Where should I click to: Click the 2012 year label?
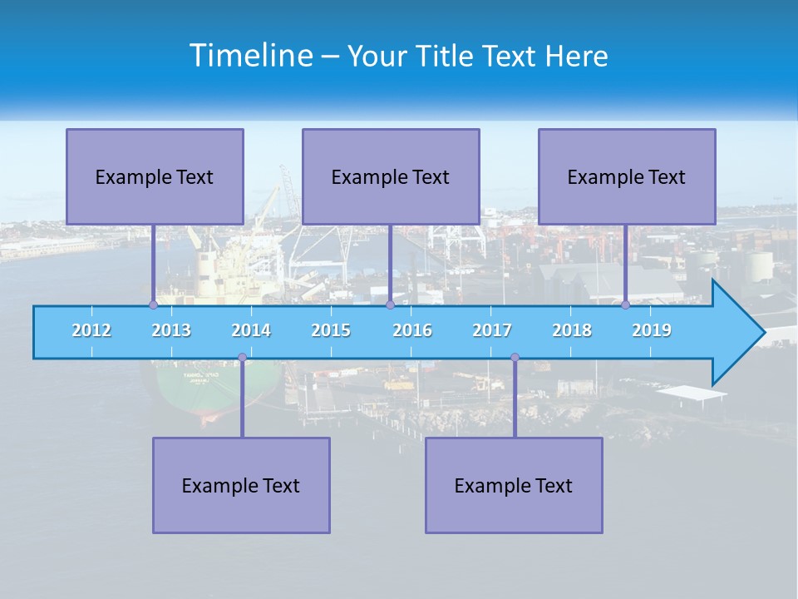tap(91, 330)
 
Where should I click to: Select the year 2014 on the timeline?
tap(251, 330)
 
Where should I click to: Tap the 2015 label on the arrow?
tap(331, 330)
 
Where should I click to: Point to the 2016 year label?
tap(412, 330)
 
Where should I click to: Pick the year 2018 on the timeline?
tap(572, 330)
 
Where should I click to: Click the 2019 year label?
tap(652, 330)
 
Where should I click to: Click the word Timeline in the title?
tap(249, 56)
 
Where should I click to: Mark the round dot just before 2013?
tap(153, 304)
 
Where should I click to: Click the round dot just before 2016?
tap(390, 304)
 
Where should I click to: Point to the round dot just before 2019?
tap(625, 304)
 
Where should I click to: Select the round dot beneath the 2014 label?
tap(242, 358)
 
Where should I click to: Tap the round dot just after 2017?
tap(515, 358)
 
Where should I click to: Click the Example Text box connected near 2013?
tap(155, 176)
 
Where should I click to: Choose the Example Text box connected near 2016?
tap(391, 176)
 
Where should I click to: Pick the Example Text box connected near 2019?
tap(627, 176)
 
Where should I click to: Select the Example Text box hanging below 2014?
tap(241, 485)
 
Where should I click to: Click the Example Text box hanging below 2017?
tap(514, 485)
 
